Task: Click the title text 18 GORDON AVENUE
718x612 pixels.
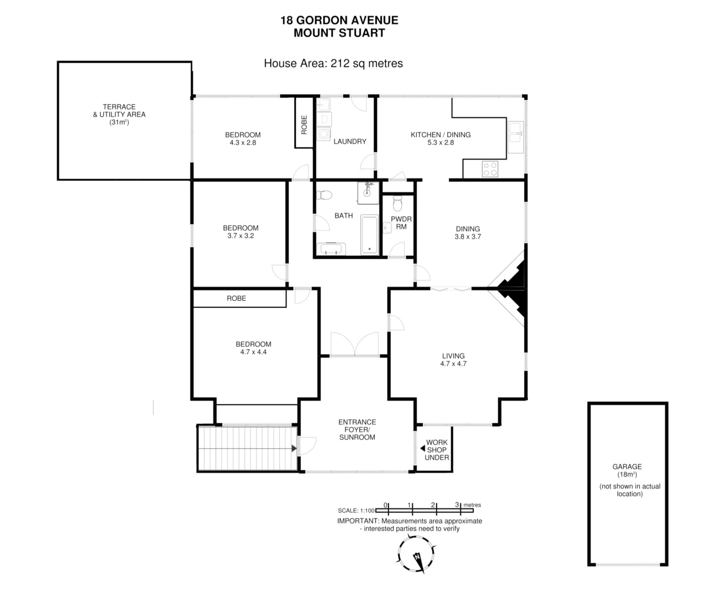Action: (339, 20)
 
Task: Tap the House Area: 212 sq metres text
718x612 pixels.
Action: (333, 63)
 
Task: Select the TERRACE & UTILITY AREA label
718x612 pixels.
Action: (119, 114)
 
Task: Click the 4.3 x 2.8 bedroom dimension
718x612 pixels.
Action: (242, 143)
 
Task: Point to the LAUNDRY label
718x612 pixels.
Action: (349, 141)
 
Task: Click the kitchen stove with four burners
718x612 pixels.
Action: (490, 169)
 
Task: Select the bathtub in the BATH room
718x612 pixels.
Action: (370, 234)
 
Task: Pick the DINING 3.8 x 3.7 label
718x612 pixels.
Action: (468, 233)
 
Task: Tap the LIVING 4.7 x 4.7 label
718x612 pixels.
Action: (453, 360)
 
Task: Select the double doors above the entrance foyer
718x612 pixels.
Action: (354, 345)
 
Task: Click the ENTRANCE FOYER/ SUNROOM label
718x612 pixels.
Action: (357, 430)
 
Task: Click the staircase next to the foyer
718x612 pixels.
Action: (247, 448)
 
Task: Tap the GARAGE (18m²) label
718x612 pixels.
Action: (627, 470)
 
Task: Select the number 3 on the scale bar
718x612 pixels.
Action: (456, 504)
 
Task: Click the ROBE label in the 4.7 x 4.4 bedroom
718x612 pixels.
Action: (236, 298)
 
